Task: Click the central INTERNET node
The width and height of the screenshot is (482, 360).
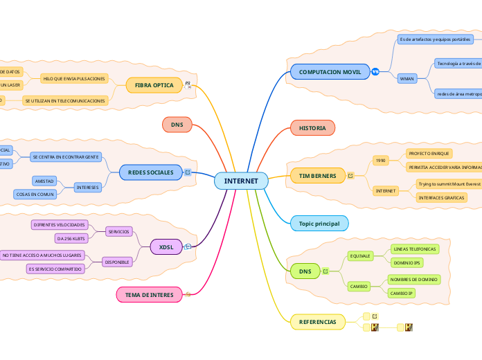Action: point(241,181)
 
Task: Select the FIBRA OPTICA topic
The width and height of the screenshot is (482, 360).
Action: point(154,85)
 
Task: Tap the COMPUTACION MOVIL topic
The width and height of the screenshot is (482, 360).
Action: point(330,72)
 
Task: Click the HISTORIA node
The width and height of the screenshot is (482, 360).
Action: point(312,128)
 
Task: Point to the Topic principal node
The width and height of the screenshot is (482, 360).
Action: point(319,223)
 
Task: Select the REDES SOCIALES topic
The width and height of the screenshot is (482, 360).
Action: point(151,172)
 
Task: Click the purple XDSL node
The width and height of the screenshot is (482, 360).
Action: point(166,246)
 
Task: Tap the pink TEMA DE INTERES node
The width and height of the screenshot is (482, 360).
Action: point(149,295)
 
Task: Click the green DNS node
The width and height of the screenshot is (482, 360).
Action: point(305,271)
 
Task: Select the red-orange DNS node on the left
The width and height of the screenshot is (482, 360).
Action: point(177,124)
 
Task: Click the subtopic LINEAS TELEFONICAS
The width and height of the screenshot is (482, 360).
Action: point(414,249)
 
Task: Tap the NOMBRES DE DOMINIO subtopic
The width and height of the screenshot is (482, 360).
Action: point(414,279)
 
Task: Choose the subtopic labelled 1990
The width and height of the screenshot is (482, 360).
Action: point(380,160)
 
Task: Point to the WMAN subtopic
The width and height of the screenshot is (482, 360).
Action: point(407,78)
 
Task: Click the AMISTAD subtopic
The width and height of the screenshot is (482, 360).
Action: point(44,181)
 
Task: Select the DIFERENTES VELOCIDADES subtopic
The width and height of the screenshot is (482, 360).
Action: point(60,225)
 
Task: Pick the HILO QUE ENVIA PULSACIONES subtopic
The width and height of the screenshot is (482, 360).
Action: point(75,79)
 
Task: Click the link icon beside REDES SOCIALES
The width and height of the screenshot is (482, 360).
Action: point(188,172)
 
